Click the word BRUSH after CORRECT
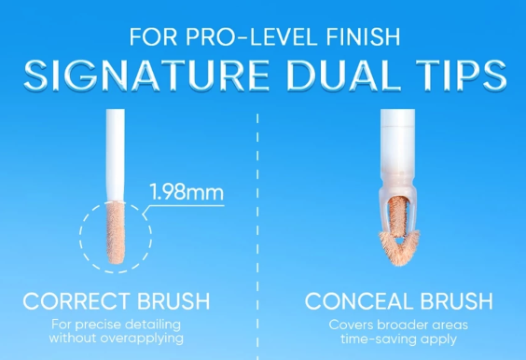174,302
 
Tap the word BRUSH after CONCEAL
455,302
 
